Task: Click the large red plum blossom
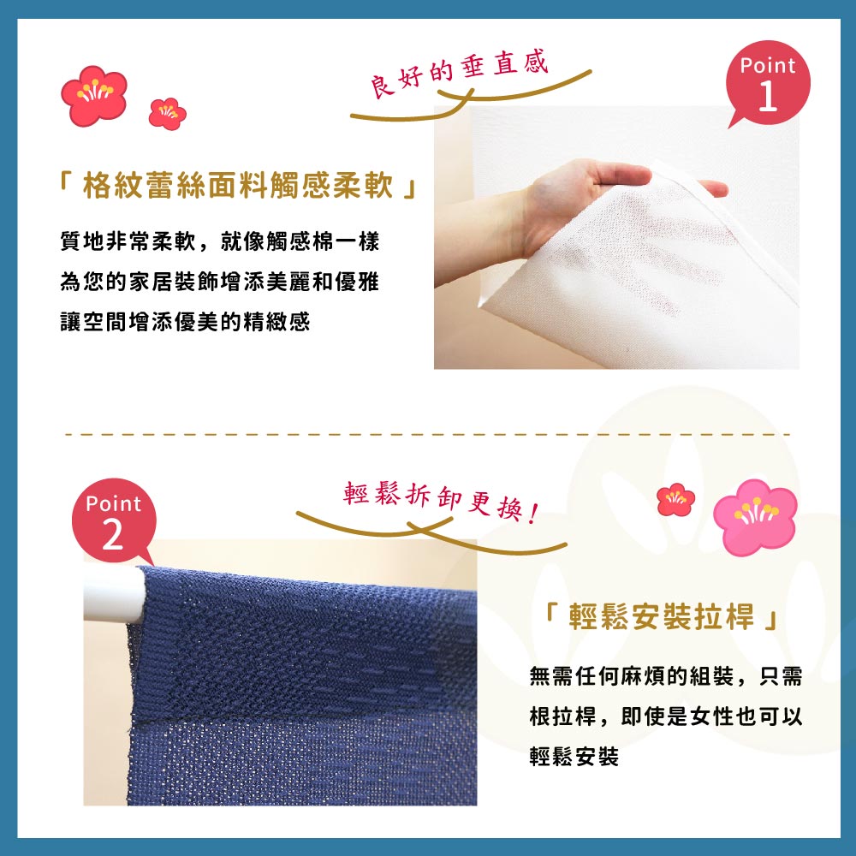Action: (x=93, y=94)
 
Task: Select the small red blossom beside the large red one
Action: (x=167, y=113)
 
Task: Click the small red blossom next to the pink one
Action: (x=675, y=499)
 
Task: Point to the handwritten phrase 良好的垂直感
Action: (x=458, y=75)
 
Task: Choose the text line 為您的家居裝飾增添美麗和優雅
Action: (x=219, y=282)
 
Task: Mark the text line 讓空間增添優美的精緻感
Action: (x=185, y=322)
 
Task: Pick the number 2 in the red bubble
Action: (x=113, y=537)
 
